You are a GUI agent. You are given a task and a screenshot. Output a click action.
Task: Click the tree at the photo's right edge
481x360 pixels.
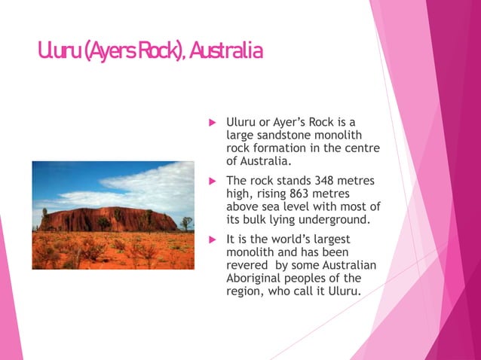pyautogui.click(x=185, y=223)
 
